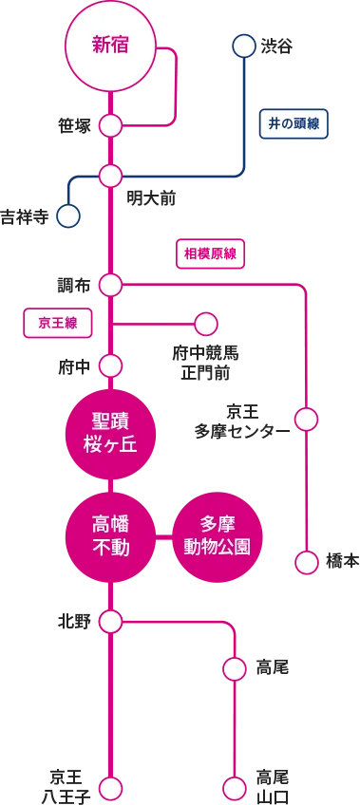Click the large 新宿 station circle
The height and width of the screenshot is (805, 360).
(x=110, y=46)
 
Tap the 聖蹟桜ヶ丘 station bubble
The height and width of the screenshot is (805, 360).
(x=110, y=433)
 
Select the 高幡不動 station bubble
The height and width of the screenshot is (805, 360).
(x=110, y=536)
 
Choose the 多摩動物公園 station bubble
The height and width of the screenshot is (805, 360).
(x=218, y=536)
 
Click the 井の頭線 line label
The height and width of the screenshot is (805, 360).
(x=294, y=123)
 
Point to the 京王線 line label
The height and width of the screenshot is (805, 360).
(x=58, y=323)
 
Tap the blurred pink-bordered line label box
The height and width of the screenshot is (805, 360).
(x=211, y=253)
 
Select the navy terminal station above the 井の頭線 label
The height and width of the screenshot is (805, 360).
(x=244, y=46)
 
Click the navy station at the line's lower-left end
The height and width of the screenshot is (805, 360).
(x=68, y=216)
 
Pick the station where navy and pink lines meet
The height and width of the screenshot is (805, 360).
(x=110, y=176)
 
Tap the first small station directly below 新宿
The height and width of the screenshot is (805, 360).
(x=110, y=125)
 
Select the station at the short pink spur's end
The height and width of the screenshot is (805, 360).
(x=206, y=325)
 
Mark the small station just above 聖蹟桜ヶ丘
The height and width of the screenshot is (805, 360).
(x=110, y=365)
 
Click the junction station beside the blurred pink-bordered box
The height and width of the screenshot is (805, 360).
(x=110, y=285)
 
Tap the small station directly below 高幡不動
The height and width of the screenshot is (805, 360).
(x=110, y=622)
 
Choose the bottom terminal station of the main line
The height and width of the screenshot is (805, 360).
(x=110, y=788)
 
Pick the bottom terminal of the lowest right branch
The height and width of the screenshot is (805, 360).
(x=235, y=788)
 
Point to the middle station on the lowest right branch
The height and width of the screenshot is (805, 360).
(x=235, y=669)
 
